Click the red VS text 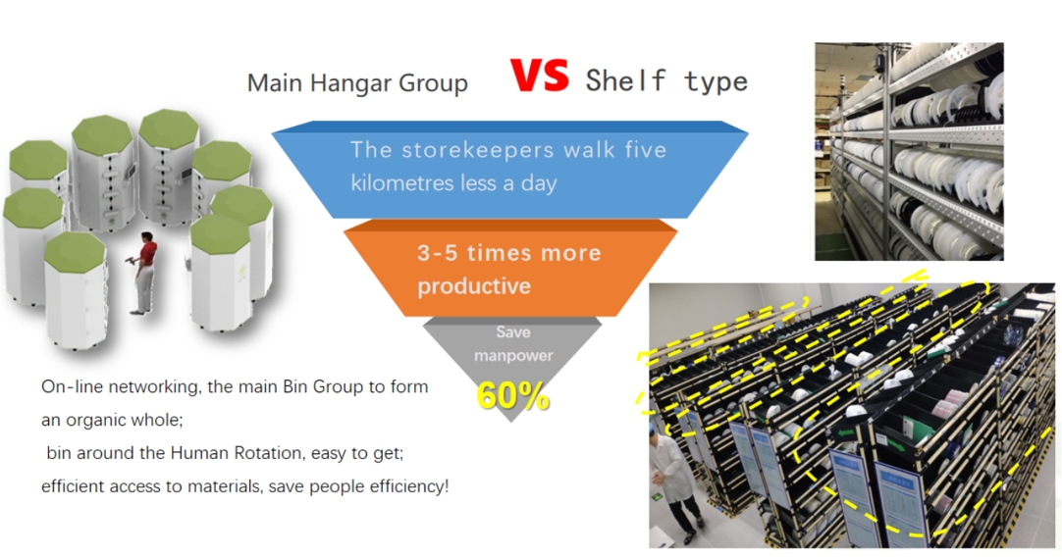coord(539,76)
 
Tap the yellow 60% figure coord(512,395)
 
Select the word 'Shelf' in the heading coord(625,80)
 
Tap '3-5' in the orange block coord(438,253)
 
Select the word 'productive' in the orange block coord(473,286)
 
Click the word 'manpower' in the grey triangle coord(513,356)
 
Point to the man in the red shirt coord(144,272)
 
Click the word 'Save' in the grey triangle coord(513,332)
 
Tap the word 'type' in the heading coord(716,81)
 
